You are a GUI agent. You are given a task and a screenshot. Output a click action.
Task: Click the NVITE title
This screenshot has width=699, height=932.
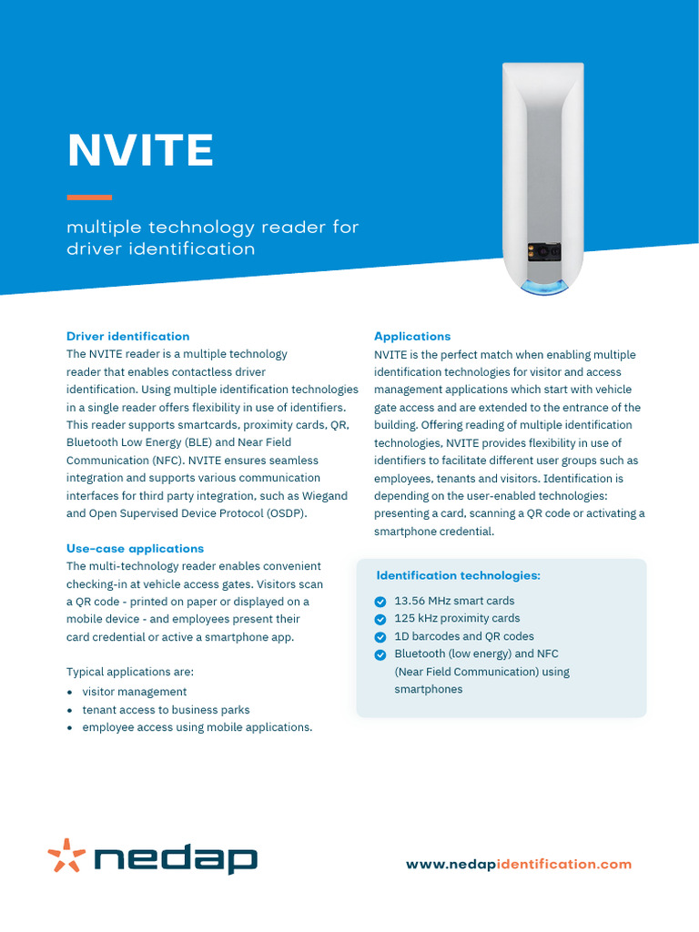pos(140,150)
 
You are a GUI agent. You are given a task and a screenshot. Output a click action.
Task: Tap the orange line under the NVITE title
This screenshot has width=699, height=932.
pos(89,197)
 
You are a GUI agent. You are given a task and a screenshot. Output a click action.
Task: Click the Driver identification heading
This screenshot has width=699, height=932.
pos(127,337)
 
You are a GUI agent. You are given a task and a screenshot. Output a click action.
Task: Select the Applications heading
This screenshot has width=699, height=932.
pos(412,337)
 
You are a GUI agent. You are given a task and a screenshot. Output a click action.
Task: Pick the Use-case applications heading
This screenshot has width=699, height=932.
pos(135,549)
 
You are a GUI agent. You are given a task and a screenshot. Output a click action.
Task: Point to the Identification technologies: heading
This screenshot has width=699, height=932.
pos(458,576)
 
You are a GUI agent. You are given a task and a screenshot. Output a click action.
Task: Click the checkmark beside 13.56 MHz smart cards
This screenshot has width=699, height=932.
pos(380,602)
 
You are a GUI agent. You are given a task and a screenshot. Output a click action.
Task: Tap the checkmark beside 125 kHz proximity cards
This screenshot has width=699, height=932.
pos(380,619)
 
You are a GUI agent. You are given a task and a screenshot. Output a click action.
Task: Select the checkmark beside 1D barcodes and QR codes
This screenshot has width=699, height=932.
pos(380,637)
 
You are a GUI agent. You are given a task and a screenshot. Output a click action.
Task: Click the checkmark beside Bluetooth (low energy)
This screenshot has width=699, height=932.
pos(380,654)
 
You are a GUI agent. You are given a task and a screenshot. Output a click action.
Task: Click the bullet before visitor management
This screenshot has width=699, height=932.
pos(70,693)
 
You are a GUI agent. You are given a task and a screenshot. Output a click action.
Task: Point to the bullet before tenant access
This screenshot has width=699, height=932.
pos(70,710)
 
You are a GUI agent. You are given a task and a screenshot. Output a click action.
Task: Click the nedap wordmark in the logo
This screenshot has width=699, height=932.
pos(177,858)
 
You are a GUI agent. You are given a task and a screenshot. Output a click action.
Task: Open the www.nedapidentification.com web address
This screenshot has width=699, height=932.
pos(518,865)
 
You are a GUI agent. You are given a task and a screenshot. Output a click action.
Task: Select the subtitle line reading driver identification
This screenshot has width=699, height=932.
pos(160,248)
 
